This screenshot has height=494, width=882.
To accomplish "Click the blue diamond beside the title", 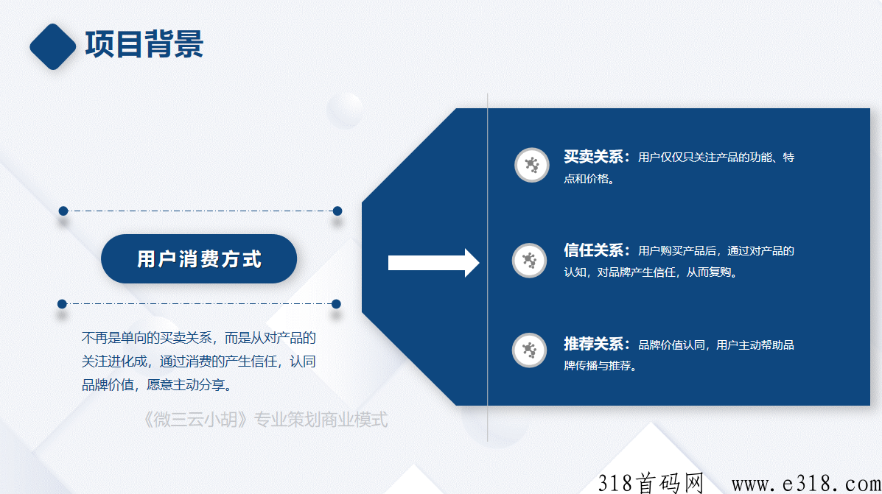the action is click(53, 46).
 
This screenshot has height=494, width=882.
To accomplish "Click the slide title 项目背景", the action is click(144, 44).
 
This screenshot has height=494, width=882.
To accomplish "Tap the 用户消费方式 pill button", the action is click(199, 258).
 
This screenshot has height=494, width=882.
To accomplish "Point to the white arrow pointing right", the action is click(434, 262).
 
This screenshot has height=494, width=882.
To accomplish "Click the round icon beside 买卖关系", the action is click(531, 165).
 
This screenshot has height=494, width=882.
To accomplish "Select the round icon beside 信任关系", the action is click(529, 260).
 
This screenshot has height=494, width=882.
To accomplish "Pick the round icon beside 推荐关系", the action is click(529, 350).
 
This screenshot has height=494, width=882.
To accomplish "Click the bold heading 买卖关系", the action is click(593, 157).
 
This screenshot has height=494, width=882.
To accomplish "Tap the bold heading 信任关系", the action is click(593, 250).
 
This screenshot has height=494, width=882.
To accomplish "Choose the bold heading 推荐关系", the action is click(593, 344).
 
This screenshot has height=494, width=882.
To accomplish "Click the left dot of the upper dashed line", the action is click(63, 211).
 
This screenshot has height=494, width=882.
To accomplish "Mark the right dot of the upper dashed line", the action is click(337, 211).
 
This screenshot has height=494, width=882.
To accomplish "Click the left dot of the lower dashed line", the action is click(62, 304).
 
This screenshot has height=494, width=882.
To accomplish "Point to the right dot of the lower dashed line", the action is click(337, 304).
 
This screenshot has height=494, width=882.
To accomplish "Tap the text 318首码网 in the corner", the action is click(651, 483).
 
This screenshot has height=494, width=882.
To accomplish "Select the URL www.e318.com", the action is click(806, 483).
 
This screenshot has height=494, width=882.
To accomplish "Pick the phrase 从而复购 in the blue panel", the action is click(707, 272).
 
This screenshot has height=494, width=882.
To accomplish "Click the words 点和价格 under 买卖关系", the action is click(586, 179).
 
